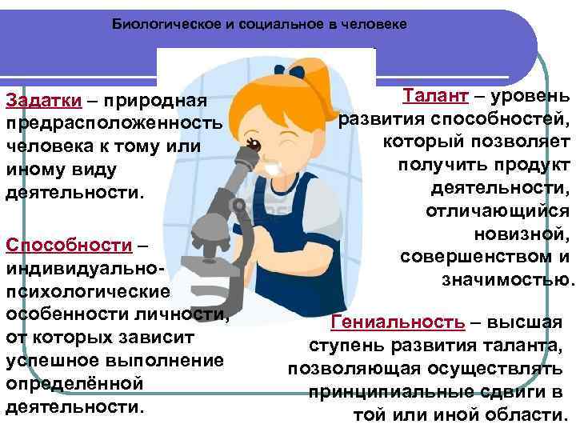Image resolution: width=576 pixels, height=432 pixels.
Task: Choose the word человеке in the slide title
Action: tap(376, 24)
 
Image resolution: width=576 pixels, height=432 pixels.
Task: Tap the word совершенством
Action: tap(476, 257)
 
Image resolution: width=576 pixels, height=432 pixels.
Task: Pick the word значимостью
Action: tap(506, 280)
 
